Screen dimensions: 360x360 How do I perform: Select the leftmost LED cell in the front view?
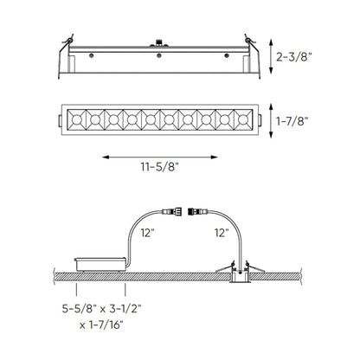tap(74, 116)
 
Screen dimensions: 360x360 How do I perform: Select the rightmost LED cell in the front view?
tap(245, 116)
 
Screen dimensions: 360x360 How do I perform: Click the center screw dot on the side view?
tap(160, 55)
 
